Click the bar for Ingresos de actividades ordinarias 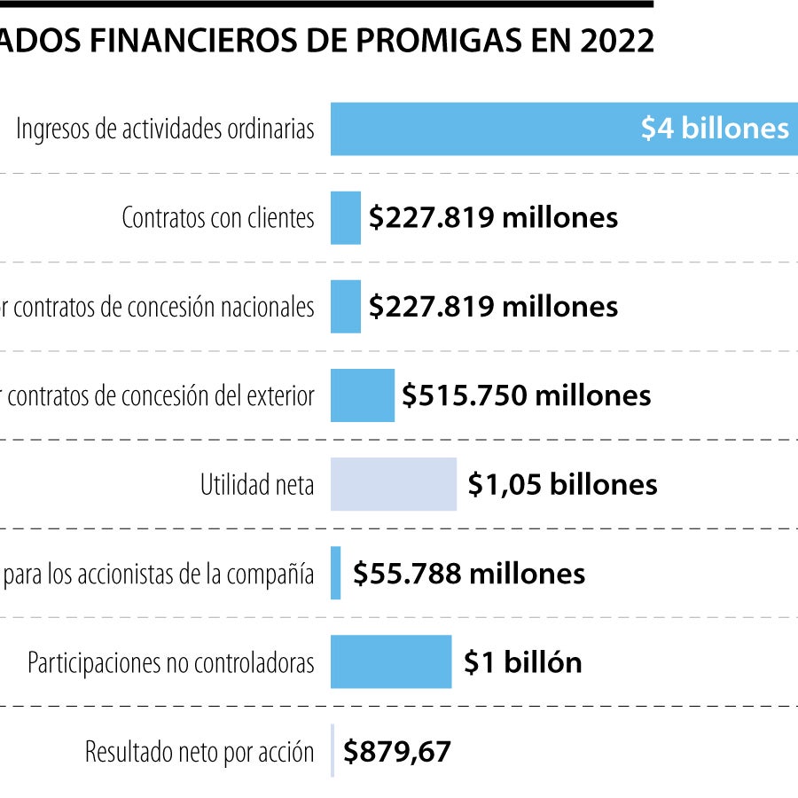click(479, 129)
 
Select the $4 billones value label click(715, 129)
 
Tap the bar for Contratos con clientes click(346, 218)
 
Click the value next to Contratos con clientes click(493, 218)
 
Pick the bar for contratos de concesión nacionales click(346, 307)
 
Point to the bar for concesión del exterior click(362, 395)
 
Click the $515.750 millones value click(526, 395)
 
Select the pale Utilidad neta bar click(394, 484)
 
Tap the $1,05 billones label click(563, 485)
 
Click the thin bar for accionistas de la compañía click(336, 573)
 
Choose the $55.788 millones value click(469, 574)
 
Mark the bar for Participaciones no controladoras click(391, 661)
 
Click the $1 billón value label click(523, 662)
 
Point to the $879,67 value click(398, 753)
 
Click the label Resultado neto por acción click(199, 753)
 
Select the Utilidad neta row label click(257, 485)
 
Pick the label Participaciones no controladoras click(171, 662)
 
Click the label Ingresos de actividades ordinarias click(166, 129)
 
